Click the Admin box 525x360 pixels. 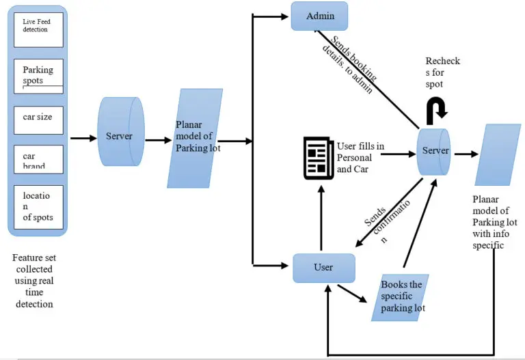coord(320,16)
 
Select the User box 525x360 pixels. coord(324,268)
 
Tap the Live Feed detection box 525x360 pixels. coord(38,30)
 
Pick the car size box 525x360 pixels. coord(38,117)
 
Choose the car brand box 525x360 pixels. coord(38,159)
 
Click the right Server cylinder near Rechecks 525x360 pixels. coord(434,151)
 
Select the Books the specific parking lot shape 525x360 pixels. coord(403,297)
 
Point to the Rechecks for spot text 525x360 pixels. coord(442,72)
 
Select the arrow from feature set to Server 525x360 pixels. coord(84,139)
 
